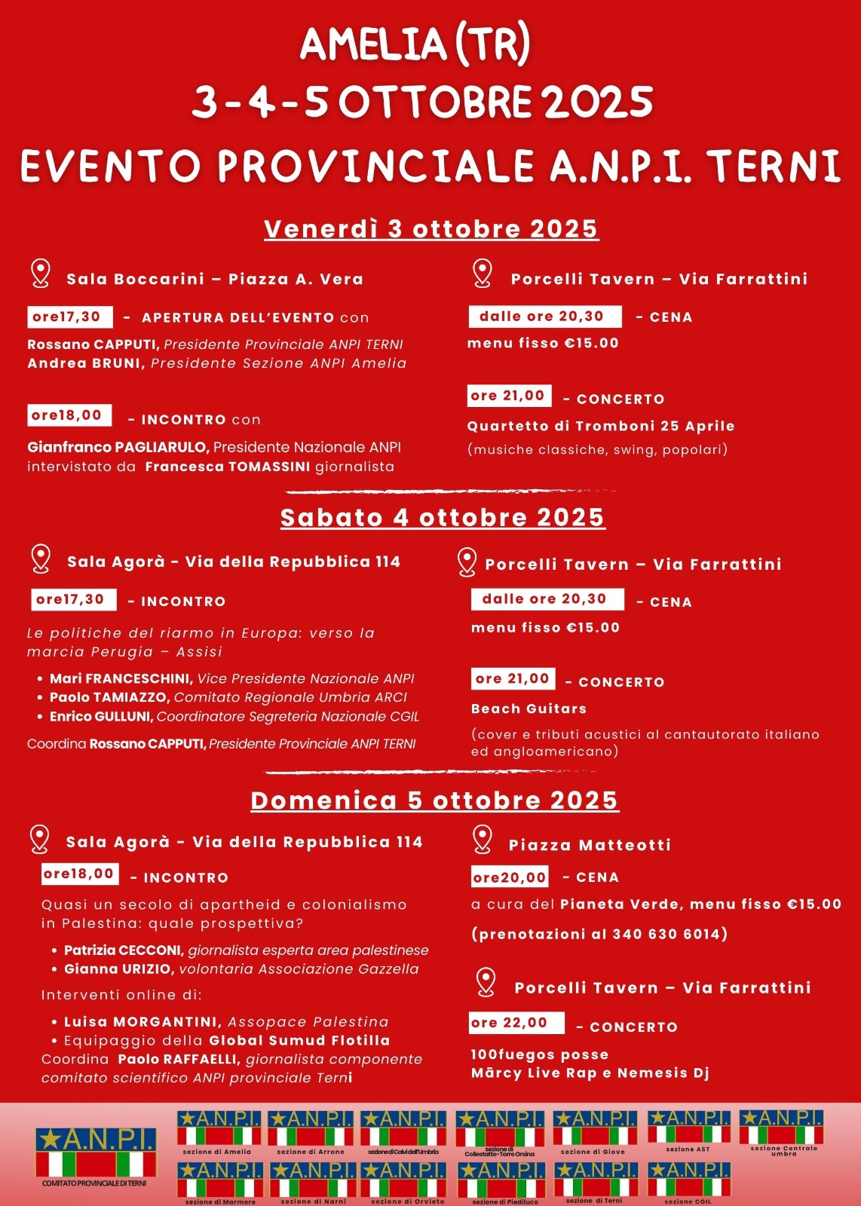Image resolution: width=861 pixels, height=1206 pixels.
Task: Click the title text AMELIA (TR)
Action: (415, 45)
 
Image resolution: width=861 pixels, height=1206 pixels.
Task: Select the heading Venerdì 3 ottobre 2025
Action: (431, 229)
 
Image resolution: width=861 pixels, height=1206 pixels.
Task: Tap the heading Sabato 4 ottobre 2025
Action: (443, 518)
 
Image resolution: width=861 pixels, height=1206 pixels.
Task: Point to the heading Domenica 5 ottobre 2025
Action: (434, 800)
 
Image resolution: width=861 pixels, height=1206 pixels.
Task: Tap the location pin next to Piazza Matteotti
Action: (483, 838)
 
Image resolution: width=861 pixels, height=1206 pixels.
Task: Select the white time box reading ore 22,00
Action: (516, 1023)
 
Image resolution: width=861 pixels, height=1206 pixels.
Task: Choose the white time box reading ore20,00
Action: (510, 877)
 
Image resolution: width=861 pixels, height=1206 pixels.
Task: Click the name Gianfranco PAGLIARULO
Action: (117, 447)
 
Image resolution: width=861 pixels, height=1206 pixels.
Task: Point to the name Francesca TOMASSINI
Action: (227, 467)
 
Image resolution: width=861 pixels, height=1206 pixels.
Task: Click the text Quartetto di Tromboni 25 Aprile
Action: (600, 426)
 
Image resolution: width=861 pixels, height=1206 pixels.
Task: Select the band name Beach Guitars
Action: (529, 709)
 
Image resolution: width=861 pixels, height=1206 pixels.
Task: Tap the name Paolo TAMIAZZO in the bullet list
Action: (110, 697)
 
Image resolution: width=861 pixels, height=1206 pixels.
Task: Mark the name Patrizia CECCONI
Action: (124, 950)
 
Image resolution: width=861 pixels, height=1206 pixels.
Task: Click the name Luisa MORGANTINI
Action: (142, 1022)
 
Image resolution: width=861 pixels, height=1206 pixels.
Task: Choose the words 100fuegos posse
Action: (539, 1054)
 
